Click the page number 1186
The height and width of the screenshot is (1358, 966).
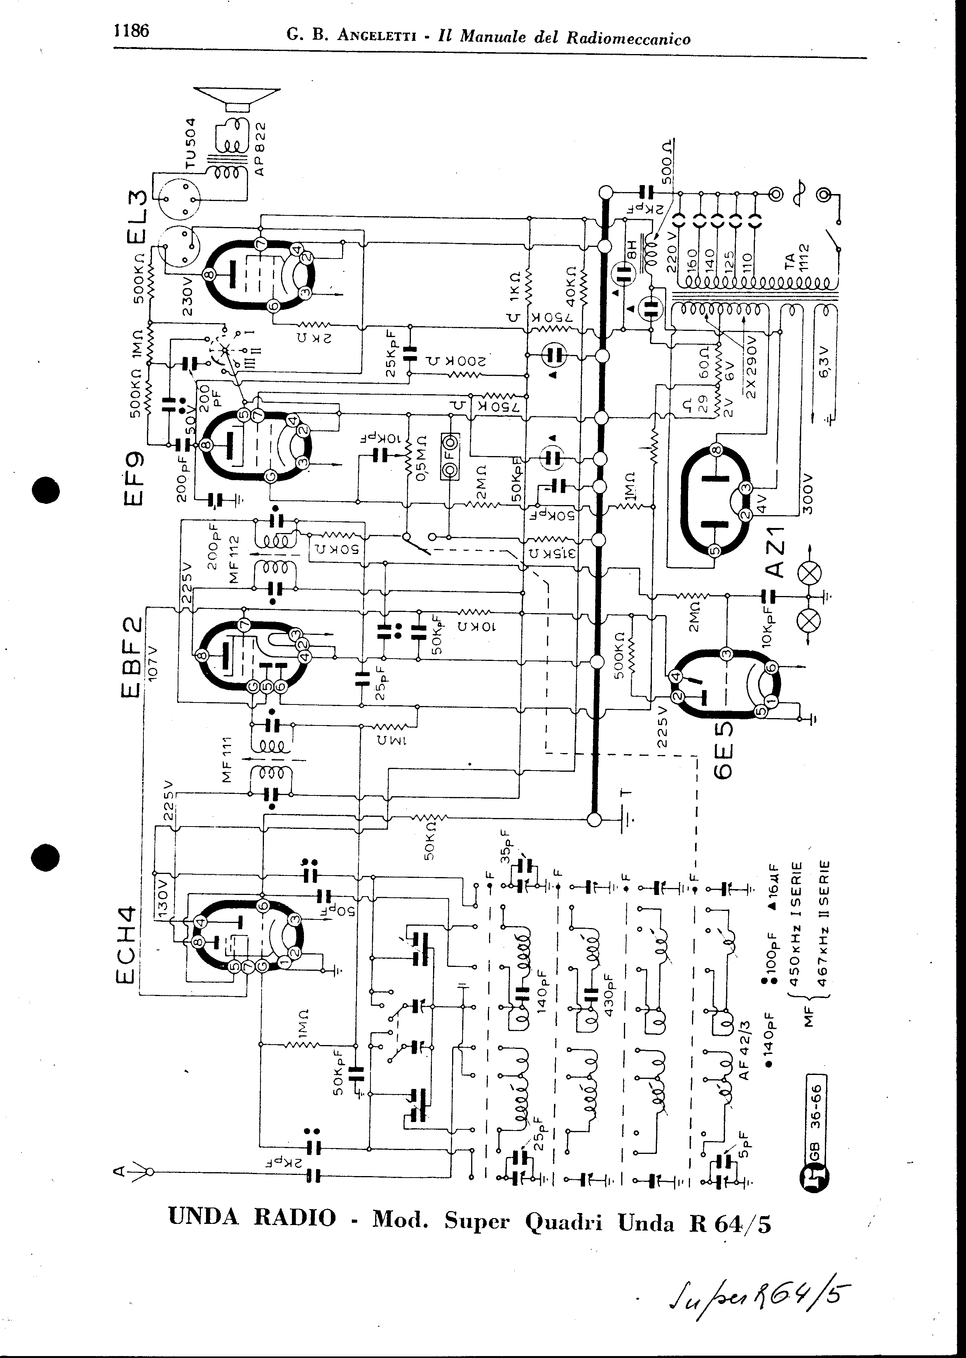coord(131,31)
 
